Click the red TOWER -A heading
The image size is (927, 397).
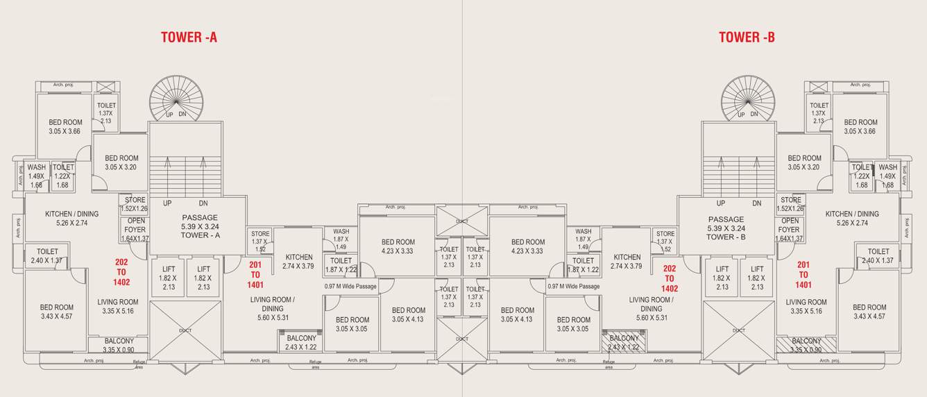tap(189, 37)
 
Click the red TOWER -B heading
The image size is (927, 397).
tap(746, 37)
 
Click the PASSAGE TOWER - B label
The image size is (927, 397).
tap(726, 226)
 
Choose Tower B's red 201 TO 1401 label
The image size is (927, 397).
tap(803, 274)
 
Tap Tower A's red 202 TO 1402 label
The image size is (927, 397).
tap(121, 271)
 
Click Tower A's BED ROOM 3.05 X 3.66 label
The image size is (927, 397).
tap(65, 126)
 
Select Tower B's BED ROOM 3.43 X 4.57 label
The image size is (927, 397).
tap(869, 312)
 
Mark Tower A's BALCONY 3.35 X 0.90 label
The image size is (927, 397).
tap(119, 345)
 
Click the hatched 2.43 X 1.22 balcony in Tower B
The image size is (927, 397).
tap(623, 342)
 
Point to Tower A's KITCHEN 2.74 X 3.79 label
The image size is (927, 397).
tap(298, 261)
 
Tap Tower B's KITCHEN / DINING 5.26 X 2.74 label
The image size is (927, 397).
tap(852, 219)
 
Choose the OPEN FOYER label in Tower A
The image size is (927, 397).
tap(135, 230)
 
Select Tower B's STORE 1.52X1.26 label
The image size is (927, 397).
tap(791, 204)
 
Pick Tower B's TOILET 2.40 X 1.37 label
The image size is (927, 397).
tap(878, 255)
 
